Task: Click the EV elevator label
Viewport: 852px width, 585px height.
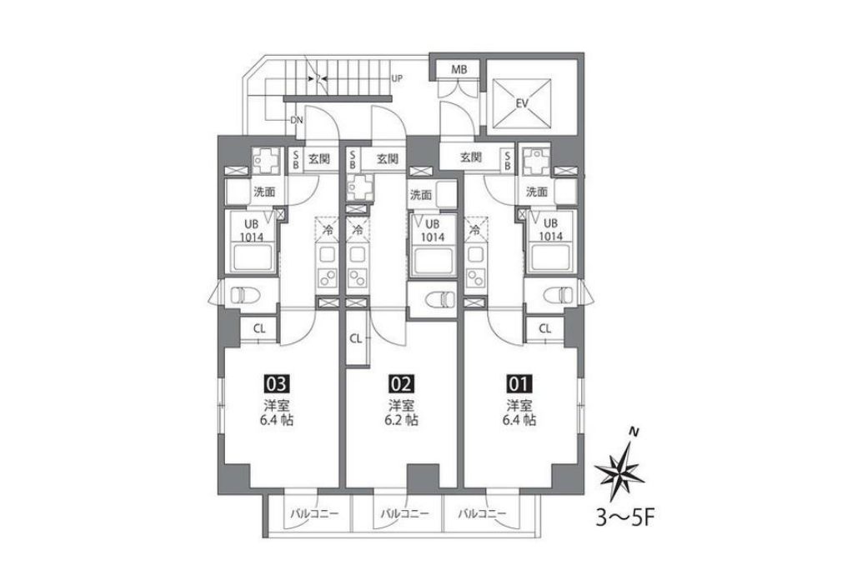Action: click(x=522, y=103)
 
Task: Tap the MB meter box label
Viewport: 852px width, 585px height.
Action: click(x=459, y=70)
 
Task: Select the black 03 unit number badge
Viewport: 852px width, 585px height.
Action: click(x=275, y=384)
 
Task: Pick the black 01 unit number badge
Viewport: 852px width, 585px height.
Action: click(x=519, y=384)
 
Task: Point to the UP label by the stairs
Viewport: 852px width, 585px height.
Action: click(x=397, y=78)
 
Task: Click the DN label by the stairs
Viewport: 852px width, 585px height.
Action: click(x=297, y=120)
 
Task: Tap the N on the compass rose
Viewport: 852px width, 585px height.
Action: click(x=633, y=432)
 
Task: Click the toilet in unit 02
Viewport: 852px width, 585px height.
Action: click(x=441, y=299)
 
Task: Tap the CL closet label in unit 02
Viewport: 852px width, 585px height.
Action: click(x=355, y=339)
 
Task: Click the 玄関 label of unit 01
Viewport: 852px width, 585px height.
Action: click(x=471, y=157)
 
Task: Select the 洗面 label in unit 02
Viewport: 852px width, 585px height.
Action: click(x=421, y=194)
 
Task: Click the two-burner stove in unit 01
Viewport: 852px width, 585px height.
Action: click(x=475, y=278)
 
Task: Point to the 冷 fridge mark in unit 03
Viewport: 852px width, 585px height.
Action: click(x=328, y=230)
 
